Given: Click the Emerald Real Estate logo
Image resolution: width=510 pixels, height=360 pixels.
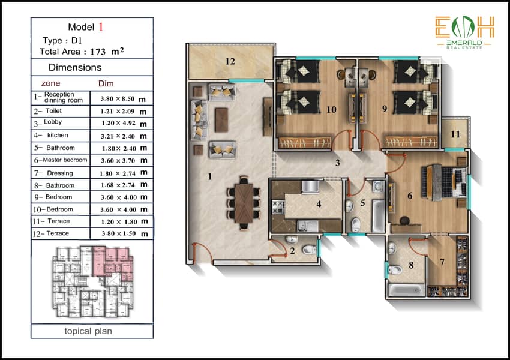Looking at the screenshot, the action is (x=464, y=33).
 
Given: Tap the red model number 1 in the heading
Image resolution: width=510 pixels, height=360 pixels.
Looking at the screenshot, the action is (x=101, y=27).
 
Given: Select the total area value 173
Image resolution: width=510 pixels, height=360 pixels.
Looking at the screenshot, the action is (x=98, y=52).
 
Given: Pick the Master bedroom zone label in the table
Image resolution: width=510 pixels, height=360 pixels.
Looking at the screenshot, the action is (x=65, y=160).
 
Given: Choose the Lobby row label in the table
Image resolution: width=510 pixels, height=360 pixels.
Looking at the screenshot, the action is (x=53, y=122).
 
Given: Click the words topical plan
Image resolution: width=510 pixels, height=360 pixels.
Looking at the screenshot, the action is (x=88, y=331).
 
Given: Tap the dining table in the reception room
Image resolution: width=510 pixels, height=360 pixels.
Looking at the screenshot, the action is (x=244, y=203).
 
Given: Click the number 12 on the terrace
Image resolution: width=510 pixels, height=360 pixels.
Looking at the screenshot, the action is (x=230, y=61).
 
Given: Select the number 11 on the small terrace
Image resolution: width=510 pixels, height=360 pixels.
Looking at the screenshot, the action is (x=455, y=134).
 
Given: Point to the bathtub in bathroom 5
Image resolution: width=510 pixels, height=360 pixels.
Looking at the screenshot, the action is (x=378, y=216).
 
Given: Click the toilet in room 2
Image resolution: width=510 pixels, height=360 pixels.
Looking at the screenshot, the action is (x=308, y=250).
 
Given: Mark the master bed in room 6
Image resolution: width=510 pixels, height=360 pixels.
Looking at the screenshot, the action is (x=443, y=182).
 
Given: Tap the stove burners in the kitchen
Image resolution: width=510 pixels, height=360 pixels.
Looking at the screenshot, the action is (x=278, y=208).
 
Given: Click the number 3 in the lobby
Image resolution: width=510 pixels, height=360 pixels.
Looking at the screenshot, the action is (x=338, y=163).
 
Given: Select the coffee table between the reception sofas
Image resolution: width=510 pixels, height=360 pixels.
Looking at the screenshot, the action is (x=221, y=120).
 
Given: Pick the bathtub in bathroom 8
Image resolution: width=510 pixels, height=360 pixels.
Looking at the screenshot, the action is (x=406, y=290).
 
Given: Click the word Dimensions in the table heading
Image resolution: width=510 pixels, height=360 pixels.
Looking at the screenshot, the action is (x=75, y=67).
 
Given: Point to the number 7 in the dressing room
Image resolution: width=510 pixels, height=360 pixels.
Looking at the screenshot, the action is (x=442, y=262).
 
